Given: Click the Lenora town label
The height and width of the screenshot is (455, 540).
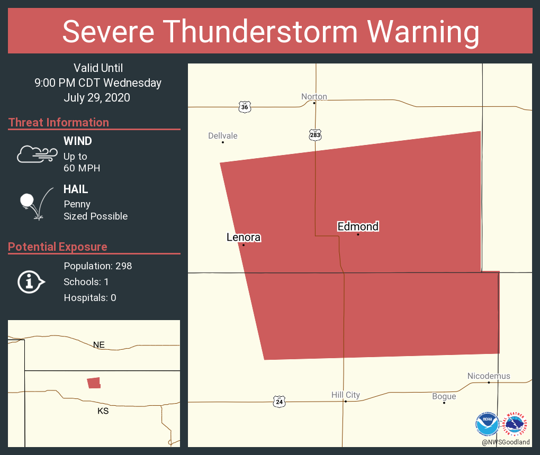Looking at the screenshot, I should point(244,238).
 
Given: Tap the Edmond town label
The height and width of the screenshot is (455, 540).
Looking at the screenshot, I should point(358,226).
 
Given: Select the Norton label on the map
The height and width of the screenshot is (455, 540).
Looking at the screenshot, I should point(314,96).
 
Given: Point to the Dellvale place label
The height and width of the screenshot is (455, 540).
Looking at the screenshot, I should point(223,136).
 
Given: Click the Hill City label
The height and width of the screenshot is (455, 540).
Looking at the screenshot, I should point(345,395).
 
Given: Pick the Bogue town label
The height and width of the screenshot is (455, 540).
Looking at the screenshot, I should point(444,396).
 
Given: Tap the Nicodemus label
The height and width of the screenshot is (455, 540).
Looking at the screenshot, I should point(489,376).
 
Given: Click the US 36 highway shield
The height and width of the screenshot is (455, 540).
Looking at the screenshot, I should point(244,107).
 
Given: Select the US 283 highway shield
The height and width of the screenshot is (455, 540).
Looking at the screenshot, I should point(315,135).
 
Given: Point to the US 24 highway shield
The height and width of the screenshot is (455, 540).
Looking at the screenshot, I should point(279,402).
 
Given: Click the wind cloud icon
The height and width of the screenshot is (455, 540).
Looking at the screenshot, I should point(37,154).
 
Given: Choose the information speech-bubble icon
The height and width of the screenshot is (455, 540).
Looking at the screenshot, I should point(31,282).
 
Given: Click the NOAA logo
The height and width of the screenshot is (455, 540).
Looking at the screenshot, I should point(487,424).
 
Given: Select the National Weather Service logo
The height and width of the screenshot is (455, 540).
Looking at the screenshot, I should point(517,424).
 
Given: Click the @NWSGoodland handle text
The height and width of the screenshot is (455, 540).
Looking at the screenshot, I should point(506,442).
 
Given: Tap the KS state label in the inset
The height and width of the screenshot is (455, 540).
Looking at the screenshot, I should point(103,411).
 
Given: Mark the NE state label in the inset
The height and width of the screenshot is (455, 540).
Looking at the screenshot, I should point(99,345).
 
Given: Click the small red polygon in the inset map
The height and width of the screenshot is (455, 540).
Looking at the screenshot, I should point(94,383).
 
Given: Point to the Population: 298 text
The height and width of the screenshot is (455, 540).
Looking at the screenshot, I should point(97,266).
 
